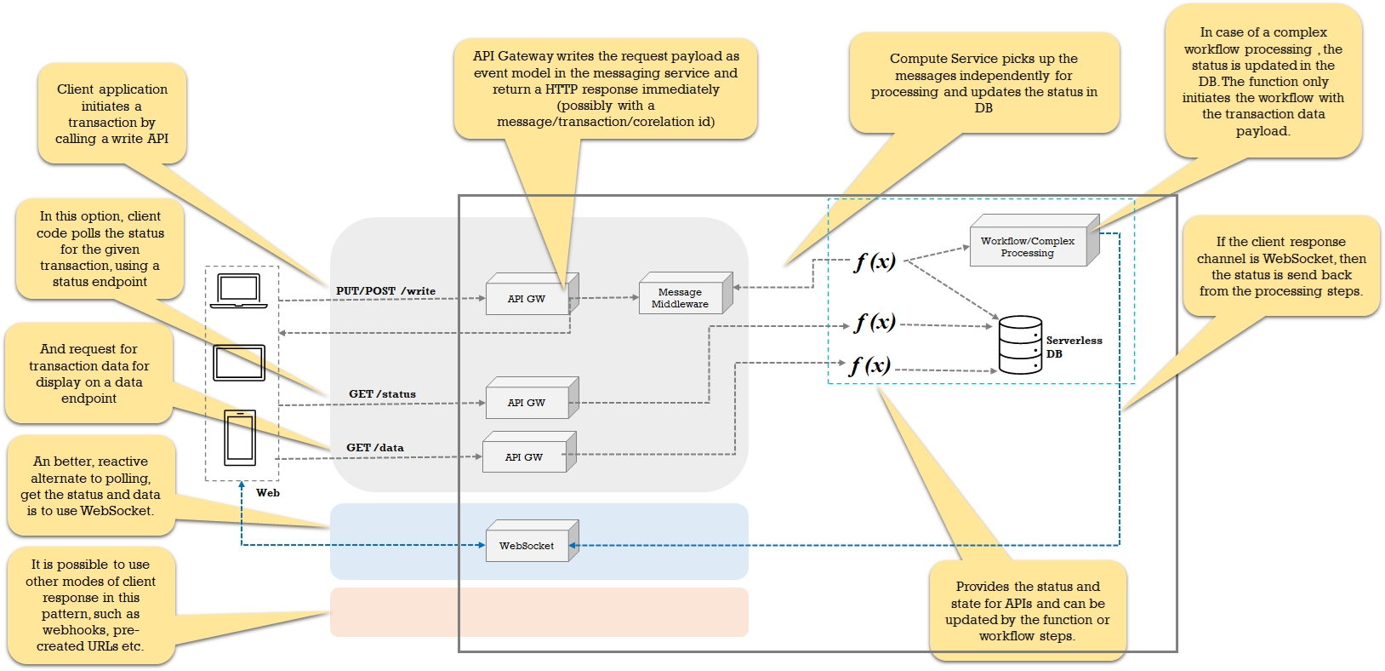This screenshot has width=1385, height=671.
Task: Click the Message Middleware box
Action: coord(681,297)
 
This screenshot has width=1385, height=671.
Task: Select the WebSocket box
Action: coord(527,545)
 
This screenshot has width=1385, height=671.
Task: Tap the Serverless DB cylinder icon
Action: coord(1020,345)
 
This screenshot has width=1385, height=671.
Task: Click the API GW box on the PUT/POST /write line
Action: coord(527,298)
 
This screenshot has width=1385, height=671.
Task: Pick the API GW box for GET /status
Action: coord(527,402)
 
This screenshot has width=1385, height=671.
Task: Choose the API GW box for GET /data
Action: coord(525,456)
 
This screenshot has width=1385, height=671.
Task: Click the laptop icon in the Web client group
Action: coord(239,291)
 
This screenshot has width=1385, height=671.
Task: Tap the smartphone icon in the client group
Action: coord(240,438)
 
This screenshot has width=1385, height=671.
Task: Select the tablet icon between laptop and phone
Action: coord(239,363)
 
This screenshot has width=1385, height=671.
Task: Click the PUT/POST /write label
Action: coord(385,290)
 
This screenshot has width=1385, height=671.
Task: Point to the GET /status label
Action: coord(382,394)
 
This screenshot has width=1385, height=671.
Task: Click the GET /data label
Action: coord(374,447)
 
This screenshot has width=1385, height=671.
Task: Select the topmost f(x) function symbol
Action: coord(875,261)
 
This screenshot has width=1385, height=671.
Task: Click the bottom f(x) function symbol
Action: coord(869,365)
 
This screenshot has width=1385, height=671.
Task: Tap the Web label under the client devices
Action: coord(267,492)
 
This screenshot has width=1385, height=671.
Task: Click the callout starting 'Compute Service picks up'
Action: coord(983,83)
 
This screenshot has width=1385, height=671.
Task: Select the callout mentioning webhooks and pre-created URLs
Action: coord(90,605)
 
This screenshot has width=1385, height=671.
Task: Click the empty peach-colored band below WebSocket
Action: coord(539,611)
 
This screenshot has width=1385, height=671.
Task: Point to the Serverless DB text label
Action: coord(1073,347)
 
